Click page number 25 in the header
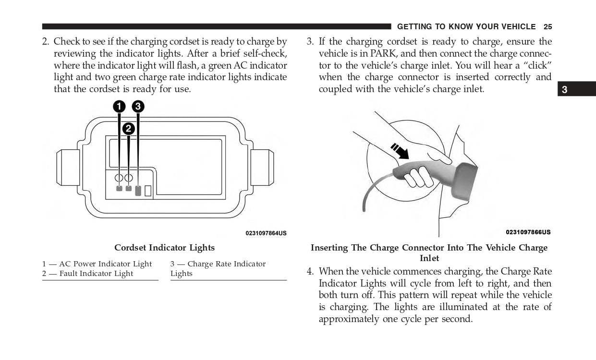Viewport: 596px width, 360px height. tap(548, 27)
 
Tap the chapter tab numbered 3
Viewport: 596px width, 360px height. tap(565, 90)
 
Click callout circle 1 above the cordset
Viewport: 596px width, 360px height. tap(119, 107)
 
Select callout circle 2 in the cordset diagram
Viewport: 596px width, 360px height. tap(128, 129)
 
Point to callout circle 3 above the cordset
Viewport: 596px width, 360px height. tap(138, 107)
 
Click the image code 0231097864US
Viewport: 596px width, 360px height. tap(266, 233)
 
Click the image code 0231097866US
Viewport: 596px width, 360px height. tap(528, 232)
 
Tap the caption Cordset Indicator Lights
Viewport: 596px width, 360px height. tap(164, 248)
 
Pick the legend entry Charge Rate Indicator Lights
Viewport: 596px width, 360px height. tap(218, 269)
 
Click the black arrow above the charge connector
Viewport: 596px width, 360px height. tap(400, 151)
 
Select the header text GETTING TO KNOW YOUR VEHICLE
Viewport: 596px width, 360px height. tap(466, 27)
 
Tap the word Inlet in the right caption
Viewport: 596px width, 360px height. tap(429, 258)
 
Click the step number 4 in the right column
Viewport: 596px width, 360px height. tap(310, 272)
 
